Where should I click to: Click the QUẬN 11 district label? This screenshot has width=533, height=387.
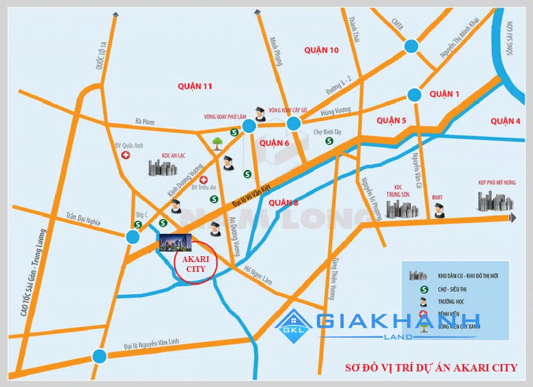195,86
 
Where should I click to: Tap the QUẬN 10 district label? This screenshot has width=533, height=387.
322,50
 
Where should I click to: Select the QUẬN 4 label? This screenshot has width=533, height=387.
505,121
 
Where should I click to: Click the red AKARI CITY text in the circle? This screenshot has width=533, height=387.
192,264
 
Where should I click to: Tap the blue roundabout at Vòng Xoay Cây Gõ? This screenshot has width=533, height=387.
294,123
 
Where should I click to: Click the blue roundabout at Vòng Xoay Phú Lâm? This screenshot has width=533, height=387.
249,125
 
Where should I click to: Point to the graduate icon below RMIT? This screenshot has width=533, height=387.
439,210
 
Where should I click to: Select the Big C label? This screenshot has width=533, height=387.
142,214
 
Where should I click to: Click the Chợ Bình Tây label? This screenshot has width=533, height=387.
327,132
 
